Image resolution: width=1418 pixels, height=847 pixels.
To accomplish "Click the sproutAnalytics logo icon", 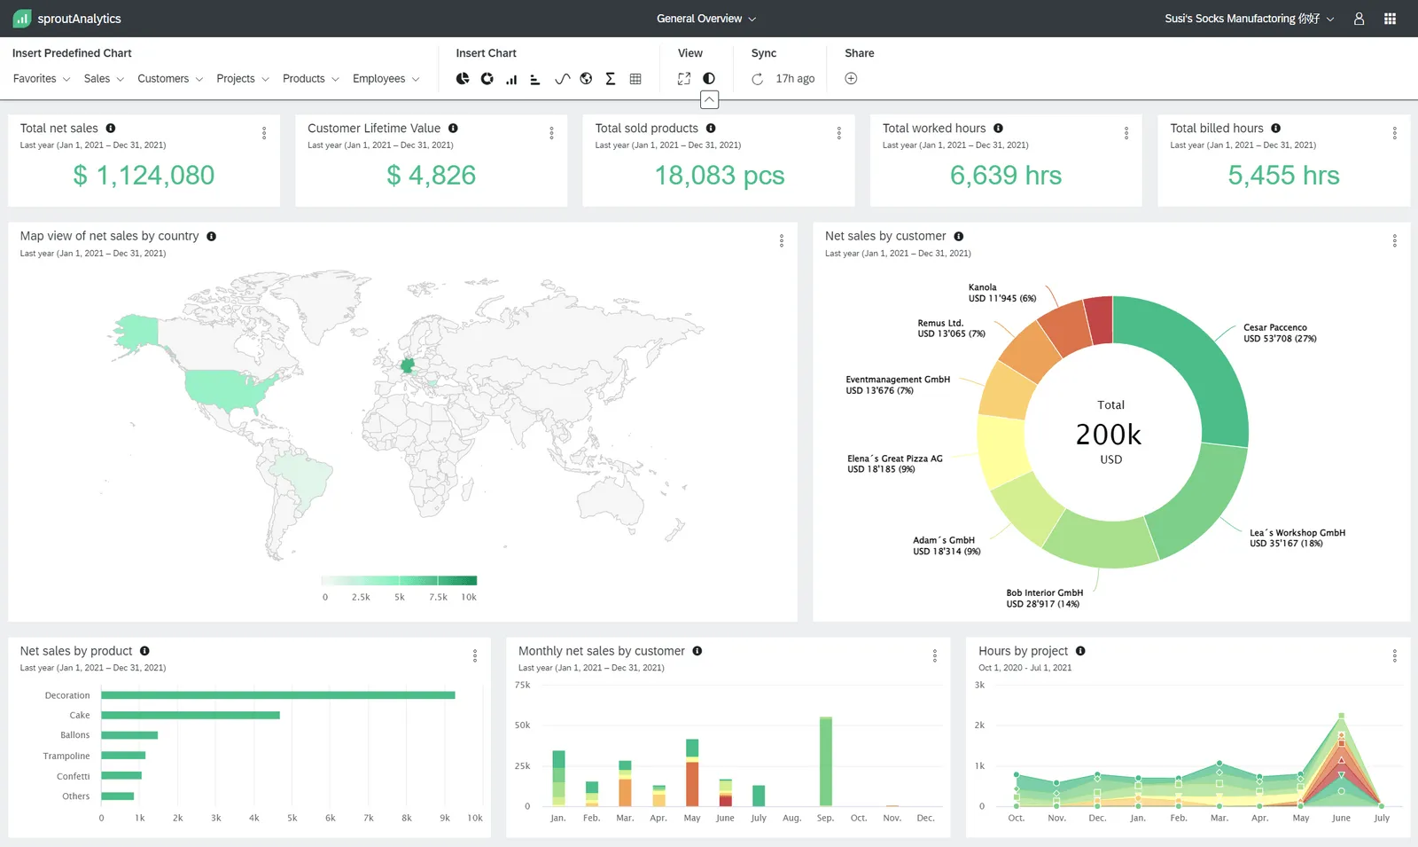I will click(x=22, y=19).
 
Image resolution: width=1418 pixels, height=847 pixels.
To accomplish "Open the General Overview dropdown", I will click(x=706, y=19).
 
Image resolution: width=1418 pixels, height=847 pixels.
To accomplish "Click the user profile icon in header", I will click(x=1359, y=19).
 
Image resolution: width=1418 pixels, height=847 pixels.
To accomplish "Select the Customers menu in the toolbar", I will click(x=169, y=79).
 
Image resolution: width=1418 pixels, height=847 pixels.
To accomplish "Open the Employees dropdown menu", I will click(x=386, y=79).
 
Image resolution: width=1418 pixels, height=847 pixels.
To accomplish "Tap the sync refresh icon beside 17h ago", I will click(x=758, y=79).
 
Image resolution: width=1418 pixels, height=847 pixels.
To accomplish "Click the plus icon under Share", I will click(x=851, y=79).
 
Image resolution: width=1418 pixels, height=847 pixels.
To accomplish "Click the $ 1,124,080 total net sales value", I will click(x=144, y=176).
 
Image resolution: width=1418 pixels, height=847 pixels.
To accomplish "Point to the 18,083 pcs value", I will click(x=719, y=176).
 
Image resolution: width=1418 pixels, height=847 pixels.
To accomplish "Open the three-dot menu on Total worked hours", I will click(x=1126, y=133).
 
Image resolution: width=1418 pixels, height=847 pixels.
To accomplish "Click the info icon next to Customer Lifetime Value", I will click(x=453, y=129).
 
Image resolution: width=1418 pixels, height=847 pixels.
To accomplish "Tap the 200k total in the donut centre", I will click(x=1109, y=435).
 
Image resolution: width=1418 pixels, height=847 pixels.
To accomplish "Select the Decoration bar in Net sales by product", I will click(x=277, y=695).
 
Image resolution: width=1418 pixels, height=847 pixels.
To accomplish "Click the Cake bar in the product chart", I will click(x=190, y=715).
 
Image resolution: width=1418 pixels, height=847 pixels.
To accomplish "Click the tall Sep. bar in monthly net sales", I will click(x=826, y=761).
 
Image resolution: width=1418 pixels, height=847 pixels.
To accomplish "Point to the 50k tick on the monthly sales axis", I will click(x=522, y=725).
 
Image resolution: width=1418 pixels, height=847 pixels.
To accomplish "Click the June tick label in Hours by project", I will click(x=1341, y=818).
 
